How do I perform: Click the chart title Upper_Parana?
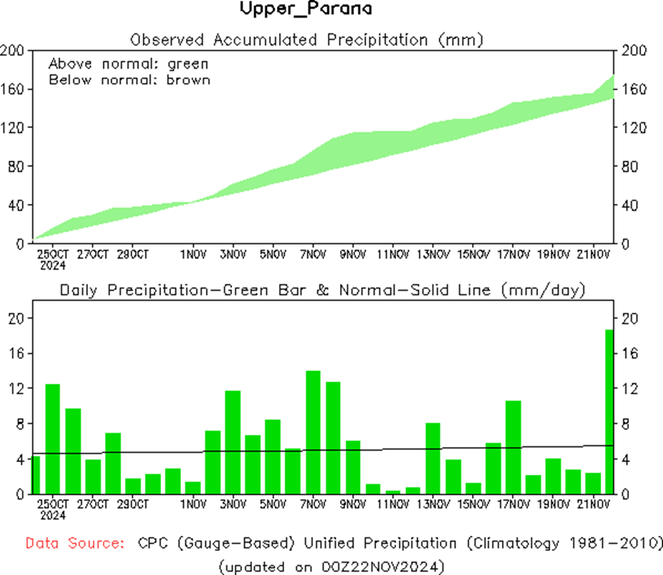click(x=305, y=9)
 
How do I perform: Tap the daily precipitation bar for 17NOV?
click(x=513, y=447)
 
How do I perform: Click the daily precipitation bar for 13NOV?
click(x=433, y=458)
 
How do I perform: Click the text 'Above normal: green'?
click(x=128, y=63)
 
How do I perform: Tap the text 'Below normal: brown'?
click(x=129, y=80)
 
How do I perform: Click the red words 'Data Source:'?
click(x=75, y=544)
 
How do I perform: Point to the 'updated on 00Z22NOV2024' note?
click(x=331, y=566)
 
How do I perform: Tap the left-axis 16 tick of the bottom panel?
click(x=16, y=353)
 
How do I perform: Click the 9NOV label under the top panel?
click(x=353, y=254)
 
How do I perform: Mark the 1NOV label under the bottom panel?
click(x=193, y=505)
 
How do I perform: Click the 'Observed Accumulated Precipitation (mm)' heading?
click(x=307, y=40)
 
